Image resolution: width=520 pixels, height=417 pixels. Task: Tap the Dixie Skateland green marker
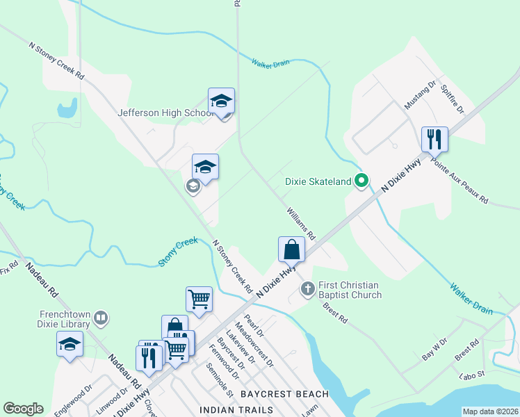click(361, 181)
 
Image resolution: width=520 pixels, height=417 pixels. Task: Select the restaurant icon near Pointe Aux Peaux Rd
click(434, 139)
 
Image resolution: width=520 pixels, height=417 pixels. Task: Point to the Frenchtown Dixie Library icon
click(101, 318)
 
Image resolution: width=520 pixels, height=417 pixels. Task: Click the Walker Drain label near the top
click(270, 63)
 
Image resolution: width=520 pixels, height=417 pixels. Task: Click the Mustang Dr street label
click(420, 97)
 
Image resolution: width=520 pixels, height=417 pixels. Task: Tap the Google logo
click(23, 409)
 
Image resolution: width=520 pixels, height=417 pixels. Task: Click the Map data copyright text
click(489, 411)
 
